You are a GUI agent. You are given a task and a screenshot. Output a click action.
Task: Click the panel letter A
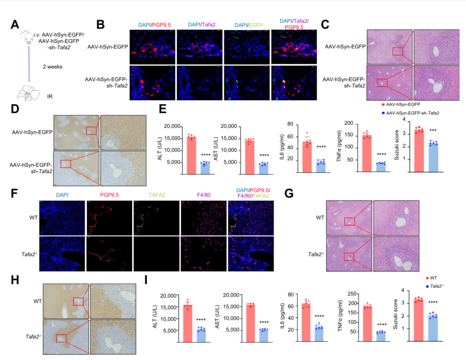coord(15,25)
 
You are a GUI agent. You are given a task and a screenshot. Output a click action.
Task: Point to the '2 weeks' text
coord(53,67)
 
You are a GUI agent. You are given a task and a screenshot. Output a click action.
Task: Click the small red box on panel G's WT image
coord(350,221)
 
